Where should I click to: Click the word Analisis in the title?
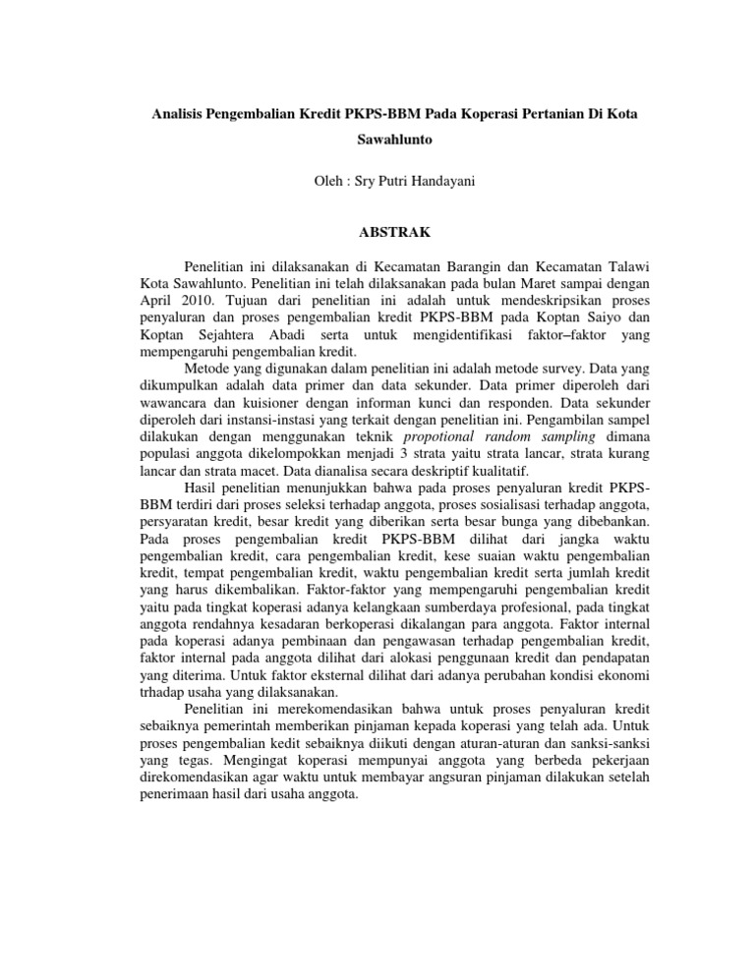(180, 115)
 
